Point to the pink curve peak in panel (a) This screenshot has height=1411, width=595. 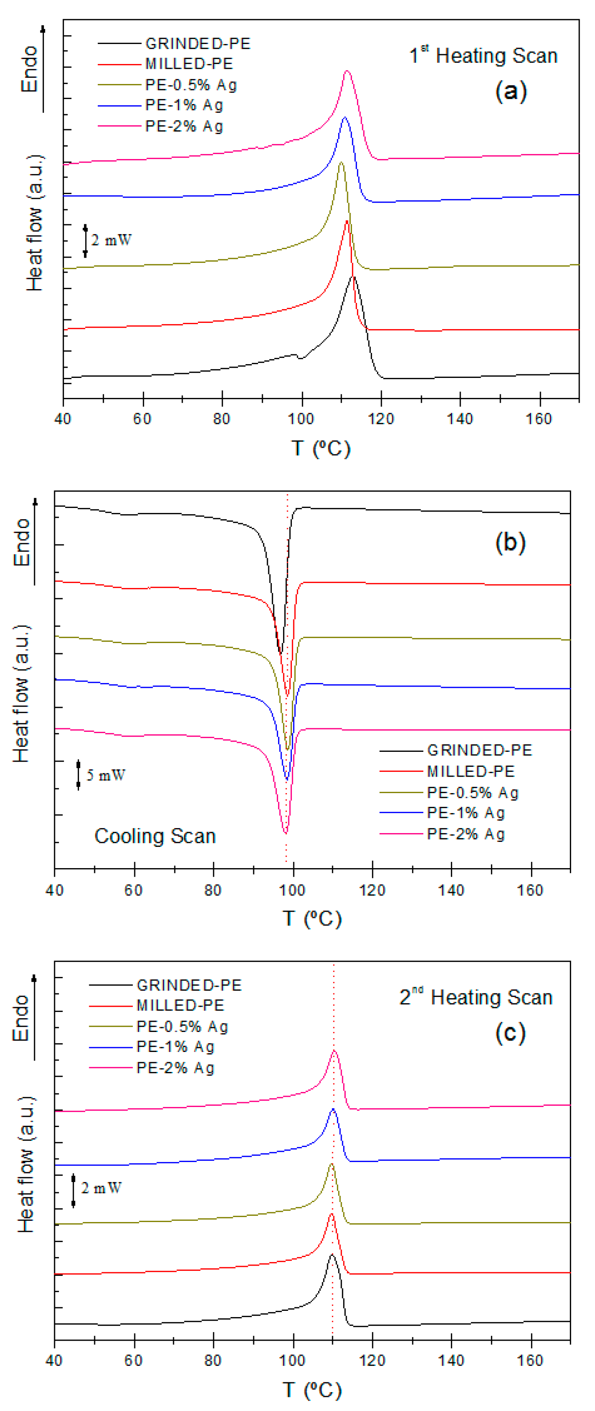coord(346,71)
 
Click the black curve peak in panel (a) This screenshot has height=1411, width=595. coord(353,277)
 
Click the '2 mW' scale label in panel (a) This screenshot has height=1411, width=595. coord(111,240)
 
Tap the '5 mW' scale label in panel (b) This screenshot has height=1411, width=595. coord(106,775)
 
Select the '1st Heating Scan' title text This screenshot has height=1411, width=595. coord(483,55)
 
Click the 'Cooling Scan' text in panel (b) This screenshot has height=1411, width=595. coord(155,836)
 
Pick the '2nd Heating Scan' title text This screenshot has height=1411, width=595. coord(476,997)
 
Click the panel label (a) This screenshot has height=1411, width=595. coord(511,90)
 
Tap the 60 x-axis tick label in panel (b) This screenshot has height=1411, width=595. coord(133,890)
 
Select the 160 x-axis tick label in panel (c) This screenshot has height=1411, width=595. coord(530,1361)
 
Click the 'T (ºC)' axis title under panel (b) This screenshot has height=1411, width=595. coord(312,918)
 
